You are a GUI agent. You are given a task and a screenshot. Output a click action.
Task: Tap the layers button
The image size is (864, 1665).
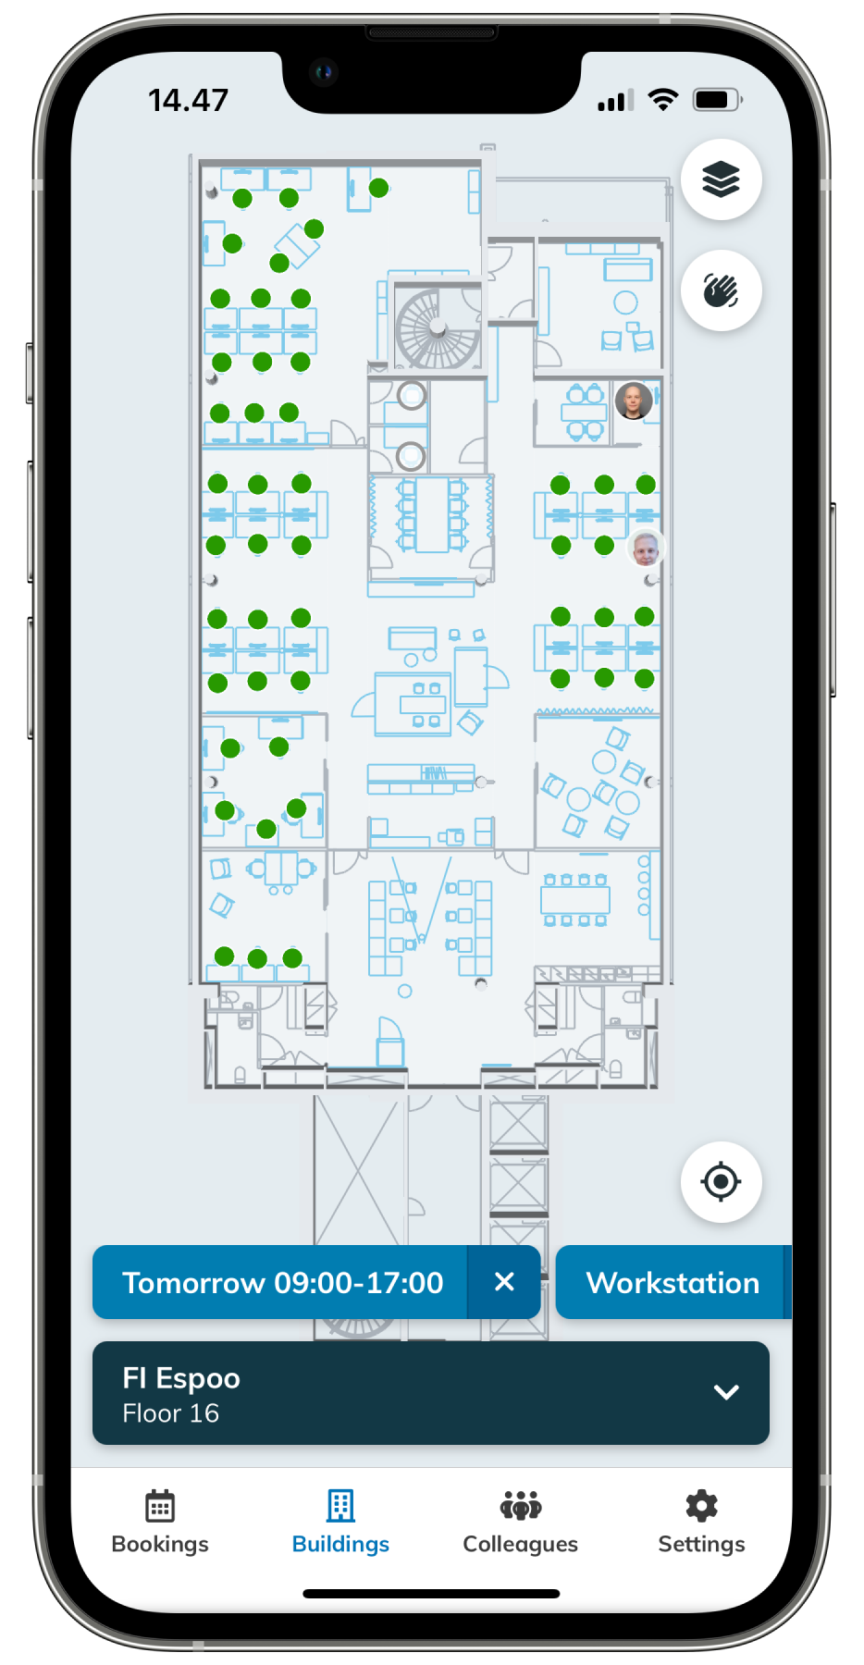pyautogui.click(x=721, y=179)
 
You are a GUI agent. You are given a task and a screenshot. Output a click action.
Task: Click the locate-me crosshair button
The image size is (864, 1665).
pyautogui.click(x=721, y=1181)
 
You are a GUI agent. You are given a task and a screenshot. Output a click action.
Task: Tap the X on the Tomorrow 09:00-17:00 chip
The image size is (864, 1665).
pyautogui.click(x=504, y=1281)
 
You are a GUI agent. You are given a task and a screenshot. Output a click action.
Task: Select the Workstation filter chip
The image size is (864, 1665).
pyautogui.click(x=673, y=1282)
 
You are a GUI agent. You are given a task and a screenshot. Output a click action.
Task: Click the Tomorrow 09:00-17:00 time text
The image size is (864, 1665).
pyautogui.click(x=283, y=1282)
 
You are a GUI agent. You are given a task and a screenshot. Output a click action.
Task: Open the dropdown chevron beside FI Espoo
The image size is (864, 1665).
pyautogui.click(x=726, y=1392)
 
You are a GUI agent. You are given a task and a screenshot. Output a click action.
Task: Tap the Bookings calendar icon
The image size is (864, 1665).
pyautogui.click(x=160, y=1505)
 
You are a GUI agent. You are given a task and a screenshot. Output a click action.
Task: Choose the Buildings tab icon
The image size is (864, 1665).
pyautogui.click(x=340, y=1505)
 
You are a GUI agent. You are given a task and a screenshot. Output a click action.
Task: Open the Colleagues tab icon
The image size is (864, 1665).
pyautogui.click(x=521, y=1505)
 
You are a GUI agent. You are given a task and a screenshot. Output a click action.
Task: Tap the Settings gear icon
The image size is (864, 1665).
pyautogui.click(x=701, y=1505)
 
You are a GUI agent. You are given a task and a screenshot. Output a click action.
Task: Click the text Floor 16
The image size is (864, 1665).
pyautogui.click(x=170, y=1413)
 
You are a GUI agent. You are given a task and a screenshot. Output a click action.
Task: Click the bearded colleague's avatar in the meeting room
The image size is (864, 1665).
pyautogui.click(x=634, y=401)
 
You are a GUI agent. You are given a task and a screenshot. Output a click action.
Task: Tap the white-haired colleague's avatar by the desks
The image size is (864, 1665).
pyautogui.click(x=646, y=548)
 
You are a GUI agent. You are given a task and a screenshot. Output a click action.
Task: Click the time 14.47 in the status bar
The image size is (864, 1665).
pyautogui.click(x=188, y=100)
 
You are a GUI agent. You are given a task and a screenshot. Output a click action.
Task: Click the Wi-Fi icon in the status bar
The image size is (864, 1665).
pyautogui.click(x=663, y=99)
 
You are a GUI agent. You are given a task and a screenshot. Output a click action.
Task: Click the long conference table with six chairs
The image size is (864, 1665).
pyautogui.click(x=431, y=514)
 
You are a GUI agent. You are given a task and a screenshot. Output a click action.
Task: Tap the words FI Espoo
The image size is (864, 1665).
pyautogui.click(x=181, y=1378)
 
